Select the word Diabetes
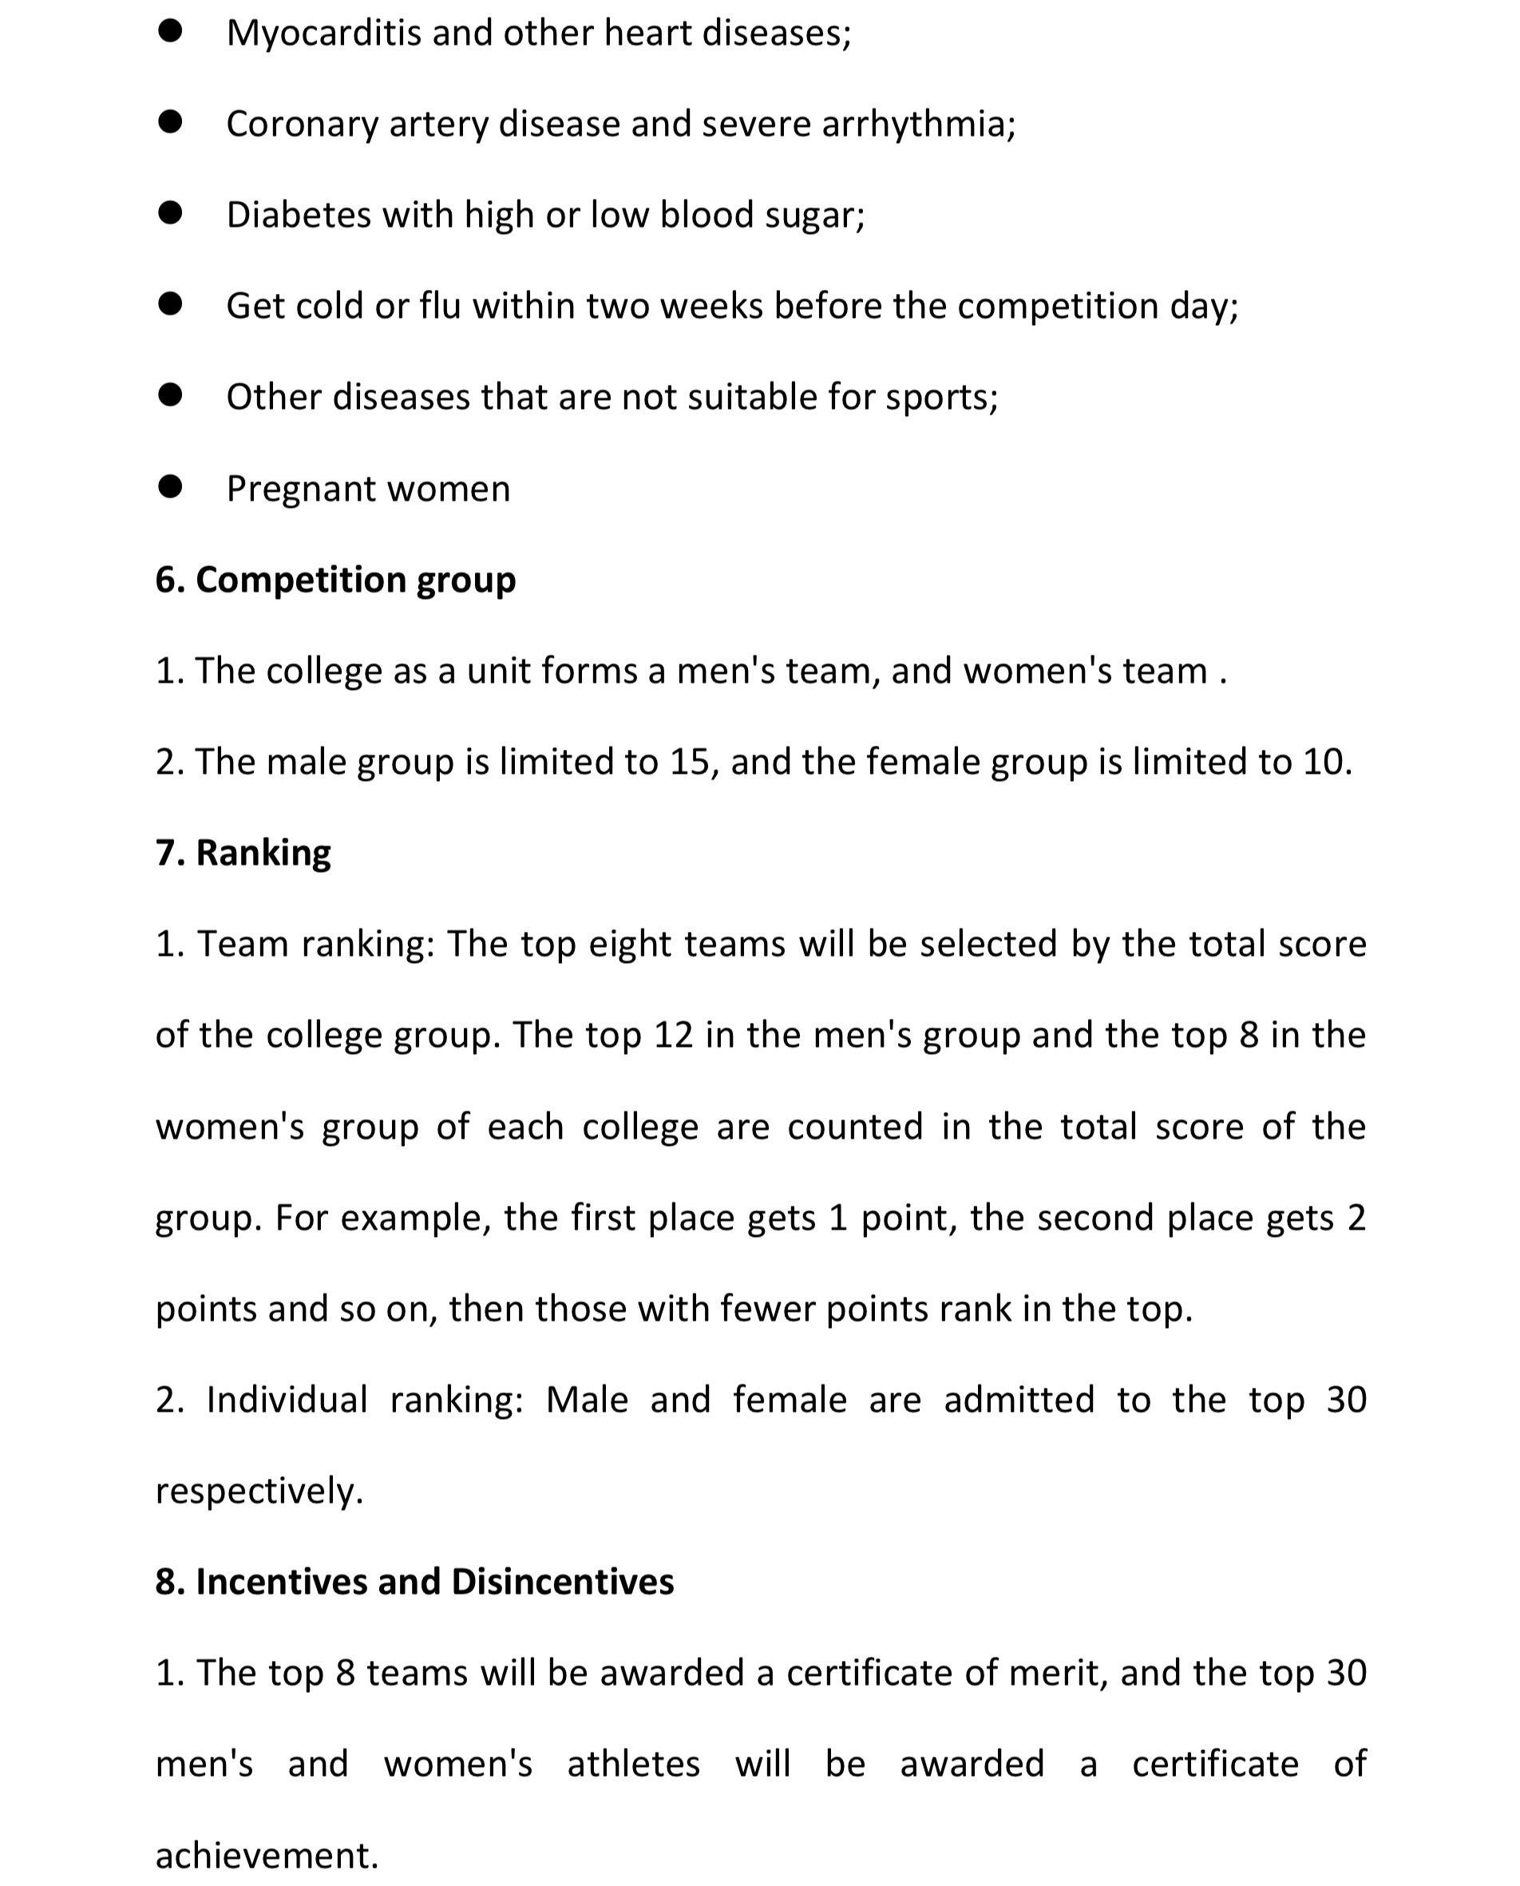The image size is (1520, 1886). tap(299, 216)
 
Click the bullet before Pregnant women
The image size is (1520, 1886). tap(170, 487)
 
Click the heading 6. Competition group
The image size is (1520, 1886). tap(335, 580)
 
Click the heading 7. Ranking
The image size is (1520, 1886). tap(243, 853)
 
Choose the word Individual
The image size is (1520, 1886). tap(287, 1400)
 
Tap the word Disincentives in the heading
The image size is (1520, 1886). tap(562, 1582)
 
